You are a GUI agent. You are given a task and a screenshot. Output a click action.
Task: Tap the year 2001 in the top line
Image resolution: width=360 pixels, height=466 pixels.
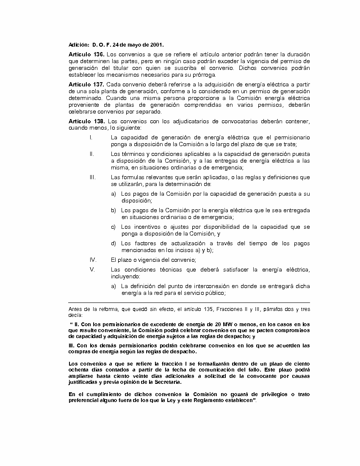(157, 44)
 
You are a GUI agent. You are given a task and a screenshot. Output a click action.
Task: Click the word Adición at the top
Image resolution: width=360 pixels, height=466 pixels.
(79, 44)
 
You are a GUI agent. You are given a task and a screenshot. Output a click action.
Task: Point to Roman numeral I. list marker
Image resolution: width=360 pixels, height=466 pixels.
(91, 138)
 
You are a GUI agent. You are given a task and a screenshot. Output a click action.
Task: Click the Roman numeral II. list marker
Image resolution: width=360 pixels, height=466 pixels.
(91, 154)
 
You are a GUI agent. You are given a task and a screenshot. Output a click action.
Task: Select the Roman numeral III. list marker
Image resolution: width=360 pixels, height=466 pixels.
(92, 177)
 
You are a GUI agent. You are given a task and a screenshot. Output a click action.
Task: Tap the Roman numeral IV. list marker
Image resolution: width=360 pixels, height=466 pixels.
(93, 260)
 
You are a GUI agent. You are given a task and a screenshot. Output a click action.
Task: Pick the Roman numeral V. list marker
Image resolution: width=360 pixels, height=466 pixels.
(92, 270)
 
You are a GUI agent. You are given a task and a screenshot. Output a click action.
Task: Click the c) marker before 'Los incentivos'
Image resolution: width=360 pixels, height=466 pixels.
(114, 227)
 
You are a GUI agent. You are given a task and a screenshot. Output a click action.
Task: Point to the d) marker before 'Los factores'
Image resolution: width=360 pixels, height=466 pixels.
(114, 244)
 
